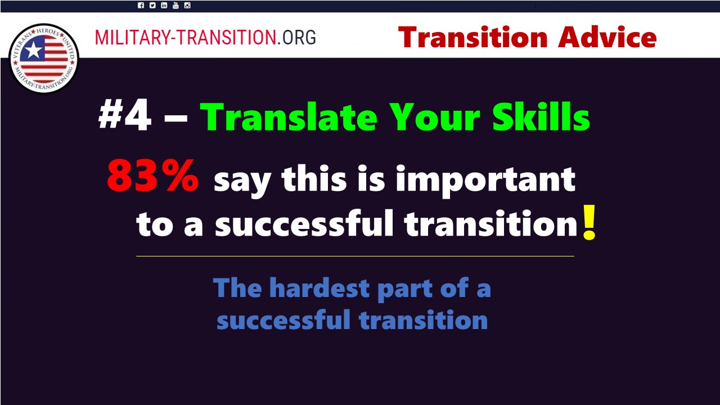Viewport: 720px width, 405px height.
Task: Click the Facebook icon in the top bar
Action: click(141, 6)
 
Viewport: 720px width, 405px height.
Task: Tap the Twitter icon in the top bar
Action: click(152, 6)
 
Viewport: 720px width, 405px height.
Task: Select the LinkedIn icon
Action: click(164, 6)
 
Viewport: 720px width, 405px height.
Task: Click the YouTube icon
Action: click(175, 5)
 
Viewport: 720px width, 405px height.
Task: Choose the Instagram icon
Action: click(187, 6)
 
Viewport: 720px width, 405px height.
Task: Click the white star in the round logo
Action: click(33, 51)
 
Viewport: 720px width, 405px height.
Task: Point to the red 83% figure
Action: click(153, 176)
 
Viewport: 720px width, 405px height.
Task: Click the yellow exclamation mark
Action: click(589, 222)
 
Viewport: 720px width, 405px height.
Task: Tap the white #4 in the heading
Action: click(125, 115)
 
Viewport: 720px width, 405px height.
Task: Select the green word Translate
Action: click(289, 116)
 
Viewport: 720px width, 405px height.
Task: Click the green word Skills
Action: click(541, 116)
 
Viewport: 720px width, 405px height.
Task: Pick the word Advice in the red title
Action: click(607, 37)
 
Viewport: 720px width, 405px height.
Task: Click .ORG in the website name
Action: click(296, 37)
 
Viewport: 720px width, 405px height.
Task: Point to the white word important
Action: click(485, 179)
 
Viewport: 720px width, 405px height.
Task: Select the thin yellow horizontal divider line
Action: click(355, 256)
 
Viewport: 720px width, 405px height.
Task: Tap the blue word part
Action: click(404, 289)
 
